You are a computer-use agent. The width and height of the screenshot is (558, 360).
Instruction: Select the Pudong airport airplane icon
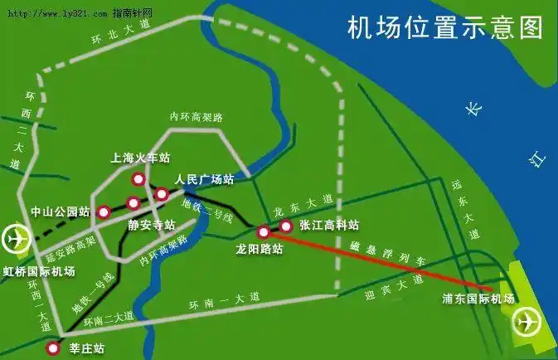pyautogui.click(x=526, y=319)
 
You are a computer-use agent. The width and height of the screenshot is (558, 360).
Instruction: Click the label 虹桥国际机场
pyautogui.click(x=40, y=271)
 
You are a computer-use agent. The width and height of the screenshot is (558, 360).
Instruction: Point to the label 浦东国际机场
pyautogui.click(x=478, y=298)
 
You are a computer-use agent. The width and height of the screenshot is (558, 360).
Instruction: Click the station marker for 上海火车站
pyautogui.click(x=138, y=178)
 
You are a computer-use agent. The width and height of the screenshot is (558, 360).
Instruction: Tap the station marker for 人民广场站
pyautogui.click(x=162, y=194)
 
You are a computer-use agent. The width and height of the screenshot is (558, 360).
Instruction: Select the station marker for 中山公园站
pyautogui.click(x=103, y=212)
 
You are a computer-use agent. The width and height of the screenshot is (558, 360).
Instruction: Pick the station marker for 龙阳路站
pyautogui.click(x=264, y=231)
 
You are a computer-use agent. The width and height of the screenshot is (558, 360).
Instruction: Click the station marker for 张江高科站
pyautogui.click(x=286, y=226)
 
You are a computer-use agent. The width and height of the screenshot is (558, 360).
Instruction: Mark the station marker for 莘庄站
pyautogui.click(x=53, y=348)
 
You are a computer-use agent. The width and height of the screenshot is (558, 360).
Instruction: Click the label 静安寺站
pyautogui.click(x=152, y=225)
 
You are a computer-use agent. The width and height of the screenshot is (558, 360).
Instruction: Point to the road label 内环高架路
pyautogui.click(x=197, y=117)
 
